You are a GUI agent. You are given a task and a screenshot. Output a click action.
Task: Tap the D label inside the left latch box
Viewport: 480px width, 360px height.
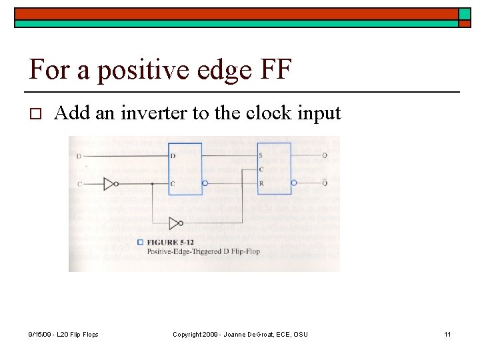coord(173,156)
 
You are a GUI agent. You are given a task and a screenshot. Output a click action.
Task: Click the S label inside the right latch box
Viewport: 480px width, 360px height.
coord(261,156)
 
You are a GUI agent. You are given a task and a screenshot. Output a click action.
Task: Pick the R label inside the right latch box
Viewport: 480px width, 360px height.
coord(261,183)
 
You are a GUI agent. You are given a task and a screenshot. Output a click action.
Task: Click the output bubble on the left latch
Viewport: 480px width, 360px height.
coord(205,183)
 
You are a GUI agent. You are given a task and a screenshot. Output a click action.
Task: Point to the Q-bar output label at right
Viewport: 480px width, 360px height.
coord(325,183)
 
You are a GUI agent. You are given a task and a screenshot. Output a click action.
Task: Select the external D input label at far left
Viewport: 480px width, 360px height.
coord(80,156)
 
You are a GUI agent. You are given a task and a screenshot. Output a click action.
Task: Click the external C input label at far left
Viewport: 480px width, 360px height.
coord(80,183)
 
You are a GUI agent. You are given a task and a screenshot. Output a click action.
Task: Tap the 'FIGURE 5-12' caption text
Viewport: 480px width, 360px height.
coord(169,242)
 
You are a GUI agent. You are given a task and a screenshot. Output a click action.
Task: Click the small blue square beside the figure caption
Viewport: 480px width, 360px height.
coord(140,242)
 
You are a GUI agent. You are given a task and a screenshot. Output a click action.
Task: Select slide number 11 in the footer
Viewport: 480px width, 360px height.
coord(447,334)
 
